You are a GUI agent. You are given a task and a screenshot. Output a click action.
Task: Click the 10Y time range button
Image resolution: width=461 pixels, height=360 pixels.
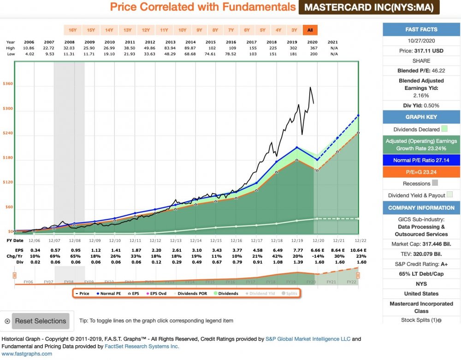pyautogui.click(x=182, y=30)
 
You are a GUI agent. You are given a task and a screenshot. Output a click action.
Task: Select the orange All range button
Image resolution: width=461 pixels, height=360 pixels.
pyautogui.click(x=310, y=30)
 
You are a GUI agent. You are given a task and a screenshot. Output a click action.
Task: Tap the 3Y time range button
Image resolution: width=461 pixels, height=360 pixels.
pyautogui.click(x=294, y=30)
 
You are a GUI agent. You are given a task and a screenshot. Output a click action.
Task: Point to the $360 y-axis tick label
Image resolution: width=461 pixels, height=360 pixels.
pyautogui.click(x=8, y=84)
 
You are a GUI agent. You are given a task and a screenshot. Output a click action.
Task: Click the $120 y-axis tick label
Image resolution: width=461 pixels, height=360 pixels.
pyautogui.click(x=8, y=183)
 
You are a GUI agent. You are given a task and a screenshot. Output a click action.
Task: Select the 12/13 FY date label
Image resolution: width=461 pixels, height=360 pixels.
pyautogui.click(x=176, y=241)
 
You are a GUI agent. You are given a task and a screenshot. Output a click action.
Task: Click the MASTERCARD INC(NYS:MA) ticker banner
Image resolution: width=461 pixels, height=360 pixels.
pyautogui.click(x=369, y=7)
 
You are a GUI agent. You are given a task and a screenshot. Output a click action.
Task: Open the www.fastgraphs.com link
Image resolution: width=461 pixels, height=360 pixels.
pyautogui.click(x=26, y=354)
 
